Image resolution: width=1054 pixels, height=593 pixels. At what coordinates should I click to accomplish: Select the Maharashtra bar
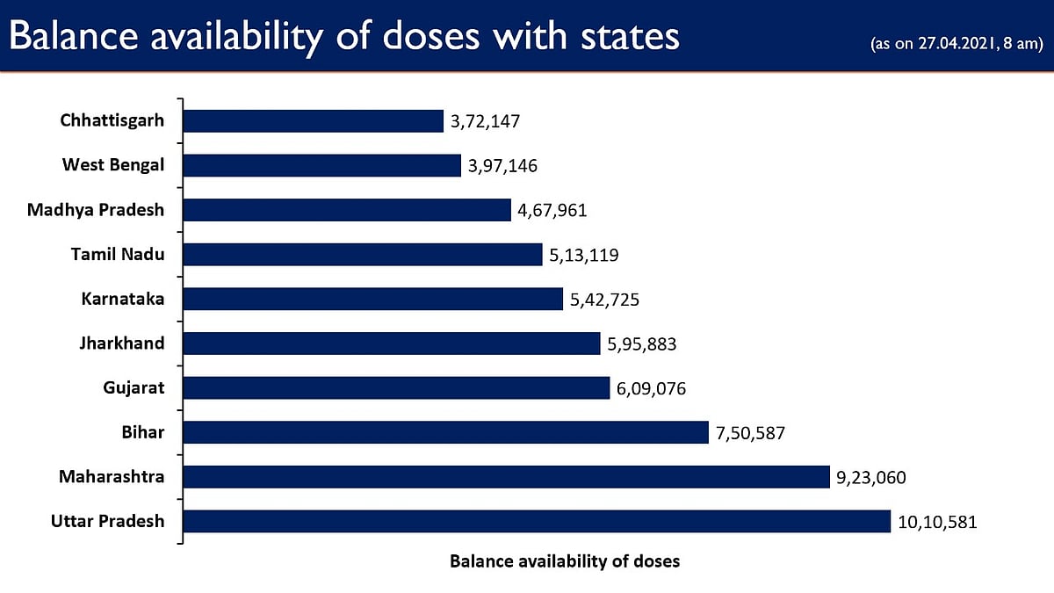point(506,477)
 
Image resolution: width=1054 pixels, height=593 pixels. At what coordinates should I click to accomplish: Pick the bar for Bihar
point(445,432)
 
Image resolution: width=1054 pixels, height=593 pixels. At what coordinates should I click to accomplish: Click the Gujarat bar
point(396,387)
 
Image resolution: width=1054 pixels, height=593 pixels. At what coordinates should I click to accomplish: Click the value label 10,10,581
point(937,522)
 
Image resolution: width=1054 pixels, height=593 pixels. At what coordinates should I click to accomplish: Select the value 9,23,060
point(870,478)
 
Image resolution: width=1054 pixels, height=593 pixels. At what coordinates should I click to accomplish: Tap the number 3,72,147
point(486,121)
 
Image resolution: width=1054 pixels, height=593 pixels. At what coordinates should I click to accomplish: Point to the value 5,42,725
point(604,300)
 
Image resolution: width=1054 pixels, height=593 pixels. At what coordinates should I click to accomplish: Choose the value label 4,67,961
point(552,211)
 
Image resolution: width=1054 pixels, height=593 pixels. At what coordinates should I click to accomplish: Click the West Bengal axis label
point(113,164)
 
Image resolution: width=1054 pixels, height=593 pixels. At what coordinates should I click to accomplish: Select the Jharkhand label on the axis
point(123,343)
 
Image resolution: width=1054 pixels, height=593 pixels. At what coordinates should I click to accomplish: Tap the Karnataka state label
point(123,299)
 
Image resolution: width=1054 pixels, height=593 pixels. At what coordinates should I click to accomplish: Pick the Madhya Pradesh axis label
point(96,209)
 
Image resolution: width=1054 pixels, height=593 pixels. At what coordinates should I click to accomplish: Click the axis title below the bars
point(565,560)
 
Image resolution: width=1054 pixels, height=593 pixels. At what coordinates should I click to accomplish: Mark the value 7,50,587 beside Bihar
point(749,433)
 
